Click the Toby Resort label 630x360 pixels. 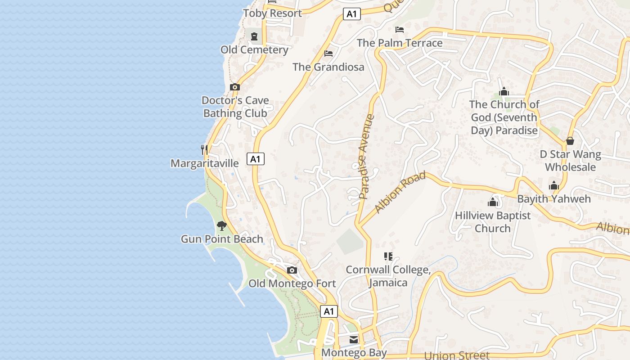(x=272, y=13)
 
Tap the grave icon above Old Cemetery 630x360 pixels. (x=254, y=36)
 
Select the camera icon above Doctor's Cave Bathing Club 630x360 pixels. (x=234, y=87)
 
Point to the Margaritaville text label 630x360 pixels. (x=205, y=163)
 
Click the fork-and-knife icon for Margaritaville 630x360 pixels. (x=205, y=149)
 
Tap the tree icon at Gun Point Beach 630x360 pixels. (x=221, y=225)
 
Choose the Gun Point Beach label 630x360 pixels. (x=222, y=239)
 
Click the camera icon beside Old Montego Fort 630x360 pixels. (x=292, y=270)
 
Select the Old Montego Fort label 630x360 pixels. (x=292, y=283)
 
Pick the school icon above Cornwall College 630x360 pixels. (x=388, y=256)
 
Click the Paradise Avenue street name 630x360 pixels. (x=367, y=157)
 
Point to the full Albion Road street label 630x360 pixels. (x=400, y=192)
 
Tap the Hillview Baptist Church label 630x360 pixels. (x=493, y=222)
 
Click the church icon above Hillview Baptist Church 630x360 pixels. (x=493, y=202)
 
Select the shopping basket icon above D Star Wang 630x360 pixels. (x=570, y=141)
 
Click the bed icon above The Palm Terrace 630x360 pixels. (x=400, y=30)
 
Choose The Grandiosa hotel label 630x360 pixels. (x=328, y=67)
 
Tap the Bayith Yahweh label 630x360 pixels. (x=554, y=199)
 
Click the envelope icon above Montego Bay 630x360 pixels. (x=354, y=339)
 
